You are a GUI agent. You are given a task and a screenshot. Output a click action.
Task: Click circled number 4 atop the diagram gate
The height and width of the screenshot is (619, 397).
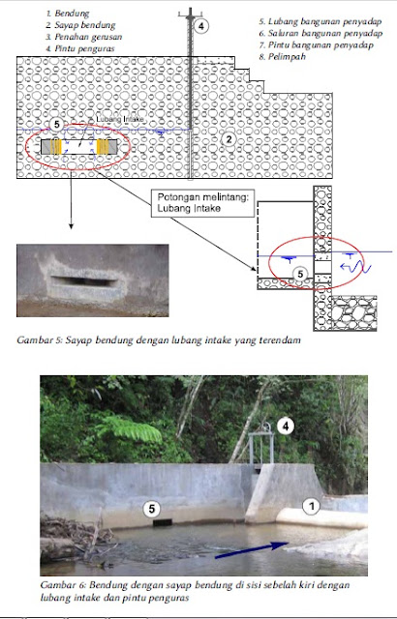tap(200, 26)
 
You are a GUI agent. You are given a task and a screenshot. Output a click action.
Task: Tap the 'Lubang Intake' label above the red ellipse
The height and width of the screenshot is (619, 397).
tap(122, 121)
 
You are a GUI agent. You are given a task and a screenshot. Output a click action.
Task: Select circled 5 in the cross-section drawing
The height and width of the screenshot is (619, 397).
tap(300, 274)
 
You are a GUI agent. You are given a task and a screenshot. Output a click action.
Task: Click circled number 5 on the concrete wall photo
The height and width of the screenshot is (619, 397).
tap(151, 506)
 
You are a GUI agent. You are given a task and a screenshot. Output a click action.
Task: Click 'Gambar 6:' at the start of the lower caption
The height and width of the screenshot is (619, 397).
tap(65, 586)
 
